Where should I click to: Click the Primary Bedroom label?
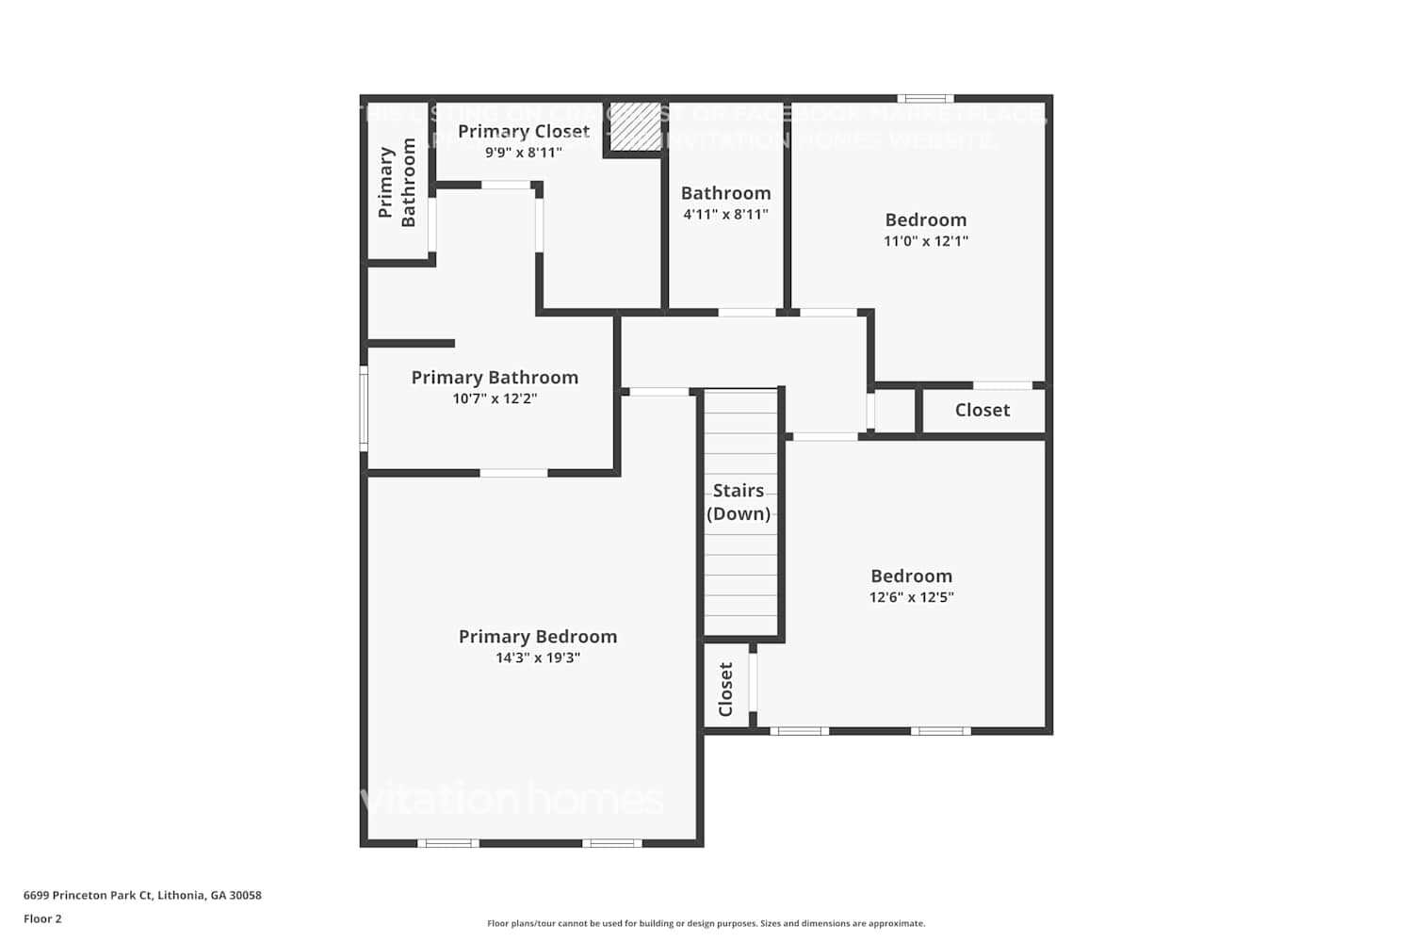538,637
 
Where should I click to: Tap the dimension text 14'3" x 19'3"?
538,658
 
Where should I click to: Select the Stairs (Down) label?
739,502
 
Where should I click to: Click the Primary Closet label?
524,131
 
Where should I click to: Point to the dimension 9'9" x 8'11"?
524,152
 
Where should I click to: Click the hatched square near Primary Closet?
635,126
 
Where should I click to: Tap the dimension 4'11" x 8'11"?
725,214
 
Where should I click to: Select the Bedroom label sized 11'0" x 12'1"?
925,219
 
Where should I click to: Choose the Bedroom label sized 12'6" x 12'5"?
911,576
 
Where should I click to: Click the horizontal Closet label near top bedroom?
982,410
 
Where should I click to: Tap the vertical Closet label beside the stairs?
725,689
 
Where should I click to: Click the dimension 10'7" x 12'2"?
495,398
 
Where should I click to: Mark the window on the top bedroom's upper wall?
925,98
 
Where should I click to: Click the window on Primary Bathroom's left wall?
364,408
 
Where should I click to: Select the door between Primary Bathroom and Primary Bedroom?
513,473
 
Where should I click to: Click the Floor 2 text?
42,918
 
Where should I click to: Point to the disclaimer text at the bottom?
706,923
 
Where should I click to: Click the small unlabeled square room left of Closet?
895,411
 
